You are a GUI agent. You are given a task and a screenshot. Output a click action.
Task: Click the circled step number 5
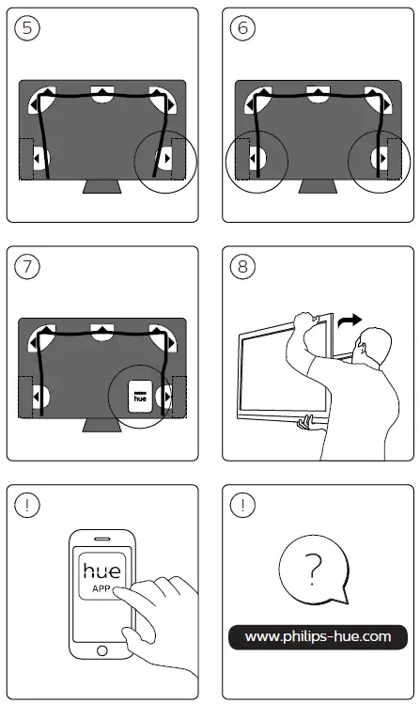click(27, 28)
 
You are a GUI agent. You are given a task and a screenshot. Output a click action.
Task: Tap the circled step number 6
click(242, 28)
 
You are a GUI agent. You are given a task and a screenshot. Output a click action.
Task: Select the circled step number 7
click(27, 266)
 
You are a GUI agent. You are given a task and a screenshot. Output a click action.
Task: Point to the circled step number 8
click(242, 266)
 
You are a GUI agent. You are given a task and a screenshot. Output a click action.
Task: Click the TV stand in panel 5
click(101, 187)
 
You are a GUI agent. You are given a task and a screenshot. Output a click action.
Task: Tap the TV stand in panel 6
click(318, 187)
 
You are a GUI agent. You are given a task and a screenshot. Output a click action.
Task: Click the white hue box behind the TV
click(140, 397)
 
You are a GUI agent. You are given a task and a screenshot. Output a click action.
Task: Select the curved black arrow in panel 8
click(350, 321)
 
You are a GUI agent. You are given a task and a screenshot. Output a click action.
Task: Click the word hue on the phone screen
click(101, 571)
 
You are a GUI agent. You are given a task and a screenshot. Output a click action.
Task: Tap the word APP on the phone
click(101, 588)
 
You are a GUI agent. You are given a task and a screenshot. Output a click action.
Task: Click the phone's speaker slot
click(101, 539)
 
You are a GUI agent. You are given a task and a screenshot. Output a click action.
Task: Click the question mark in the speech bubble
click(313, 569)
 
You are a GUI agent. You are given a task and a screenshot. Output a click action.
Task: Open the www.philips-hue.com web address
click(318, 636)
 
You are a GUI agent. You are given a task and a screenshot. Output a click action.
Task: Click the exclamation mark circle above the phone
click(27, 505)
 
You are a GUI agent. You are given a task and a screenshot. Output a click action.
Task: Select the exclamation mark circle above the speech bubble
click(242, 505)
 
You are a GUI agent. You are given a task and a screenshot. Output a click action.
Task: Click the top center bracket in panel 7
click(102, 332)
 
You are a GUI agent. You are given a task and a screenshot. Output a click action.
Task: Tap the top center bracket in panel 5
click(102, 94)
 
